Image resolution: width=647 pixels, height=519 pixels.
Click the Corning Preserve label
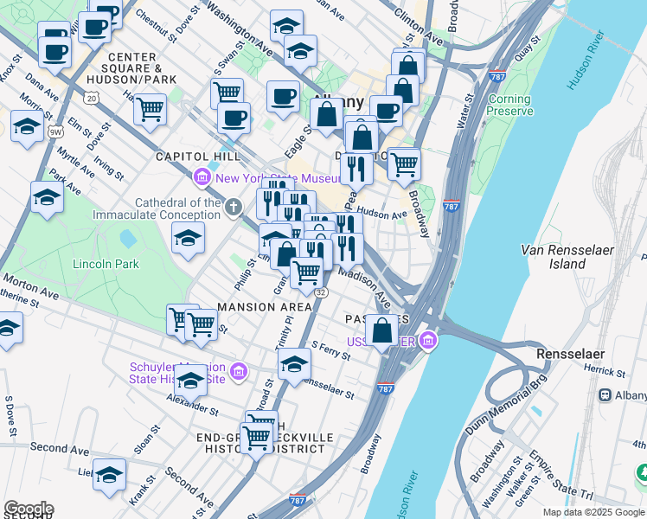click(x=509, y=106)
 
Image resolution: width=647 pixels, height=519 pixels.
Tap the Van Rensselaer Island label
click(x=567, y=256)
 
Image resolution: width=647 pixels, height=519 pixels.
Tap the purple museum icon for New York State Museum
click(x=203, y=178)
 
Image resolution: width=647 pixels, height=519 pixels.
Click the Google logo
click(x=29, y=509)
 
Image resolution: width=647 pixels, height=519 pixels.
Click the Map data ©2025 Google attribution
click(x=593, y=512)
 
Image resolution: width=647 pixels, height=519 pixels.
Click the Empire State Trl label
click(x=561, y=477)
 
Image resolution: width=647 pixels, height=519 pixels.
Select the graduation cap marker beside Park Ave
click(x=46, y=197)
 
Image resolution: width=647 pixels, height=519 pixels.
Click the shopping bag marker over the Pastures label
click(x=381, y=330)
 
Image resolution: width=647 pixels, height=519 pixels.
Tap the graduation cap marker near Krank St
click(x=109, y=474)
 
